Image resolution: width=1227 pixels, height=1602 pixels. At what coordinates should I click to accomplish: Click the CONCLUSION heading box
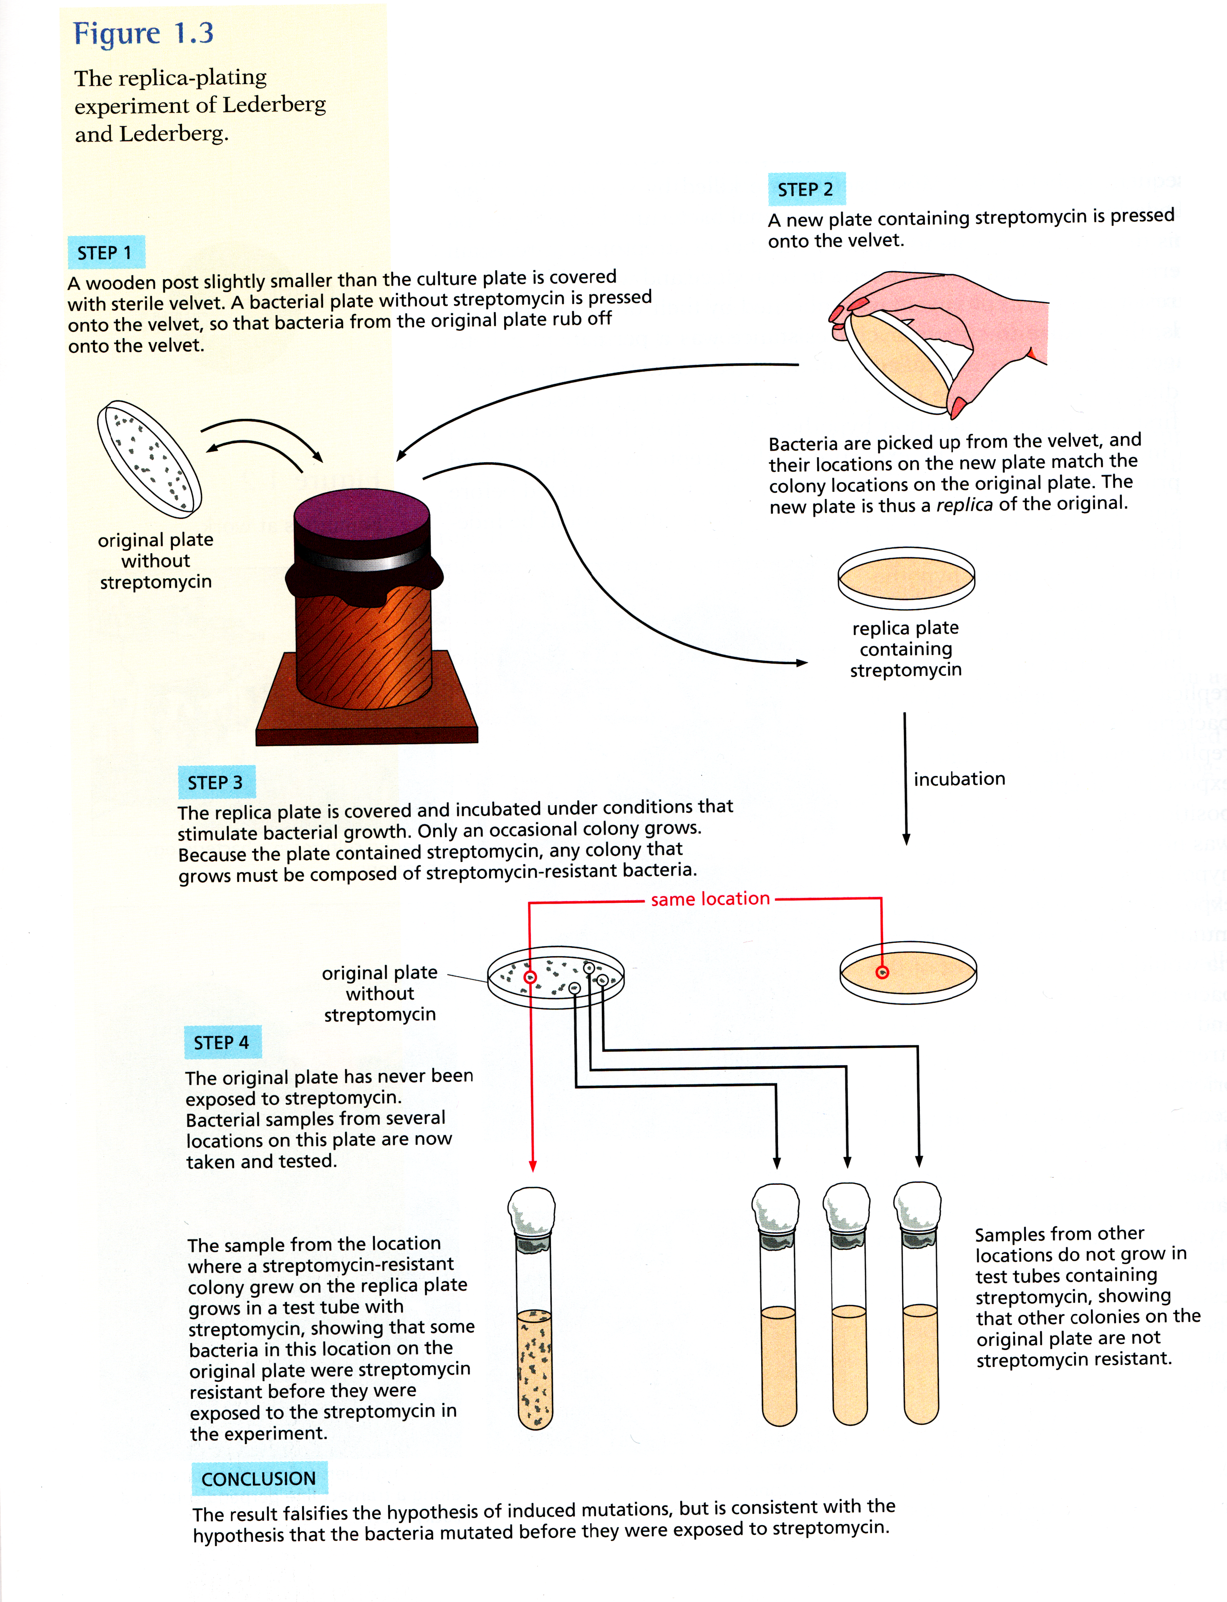point(259,1479)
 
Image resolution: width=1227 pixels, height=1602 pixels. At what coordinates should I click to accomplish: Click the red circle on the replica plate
point(882,972)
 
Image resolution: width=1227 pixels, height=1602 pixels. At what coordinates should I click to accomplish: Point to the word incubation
point(959,779)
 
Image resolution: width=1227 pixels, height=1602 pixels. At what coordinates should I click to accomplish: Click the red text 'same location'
point(710,899)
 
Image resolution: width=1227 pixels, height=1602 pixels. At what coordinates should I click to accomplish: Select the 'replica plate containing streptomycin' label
point(906,648)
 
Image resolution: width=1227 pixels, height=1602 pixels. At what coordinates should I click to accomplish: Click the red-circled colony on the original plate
point(530,977)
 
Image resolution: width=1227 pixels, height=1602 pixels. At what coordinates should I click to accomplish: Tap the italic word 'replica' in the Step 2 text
point(964,504)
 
